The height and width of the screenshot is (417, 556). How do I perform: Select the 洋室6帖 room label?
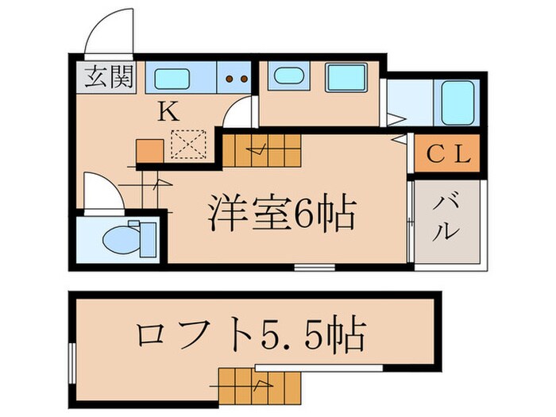click(281, 212)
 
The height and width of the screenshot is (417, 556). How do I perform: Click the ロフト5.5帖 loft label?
click(250, 336)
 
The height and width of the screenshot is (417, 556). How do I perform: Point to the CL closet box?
click(450, 153)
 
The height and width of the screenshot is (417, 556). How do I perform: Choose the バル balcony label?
click(447, 218)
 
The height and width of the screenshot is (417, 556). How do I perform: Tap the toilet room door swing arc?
click(98, 191)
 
